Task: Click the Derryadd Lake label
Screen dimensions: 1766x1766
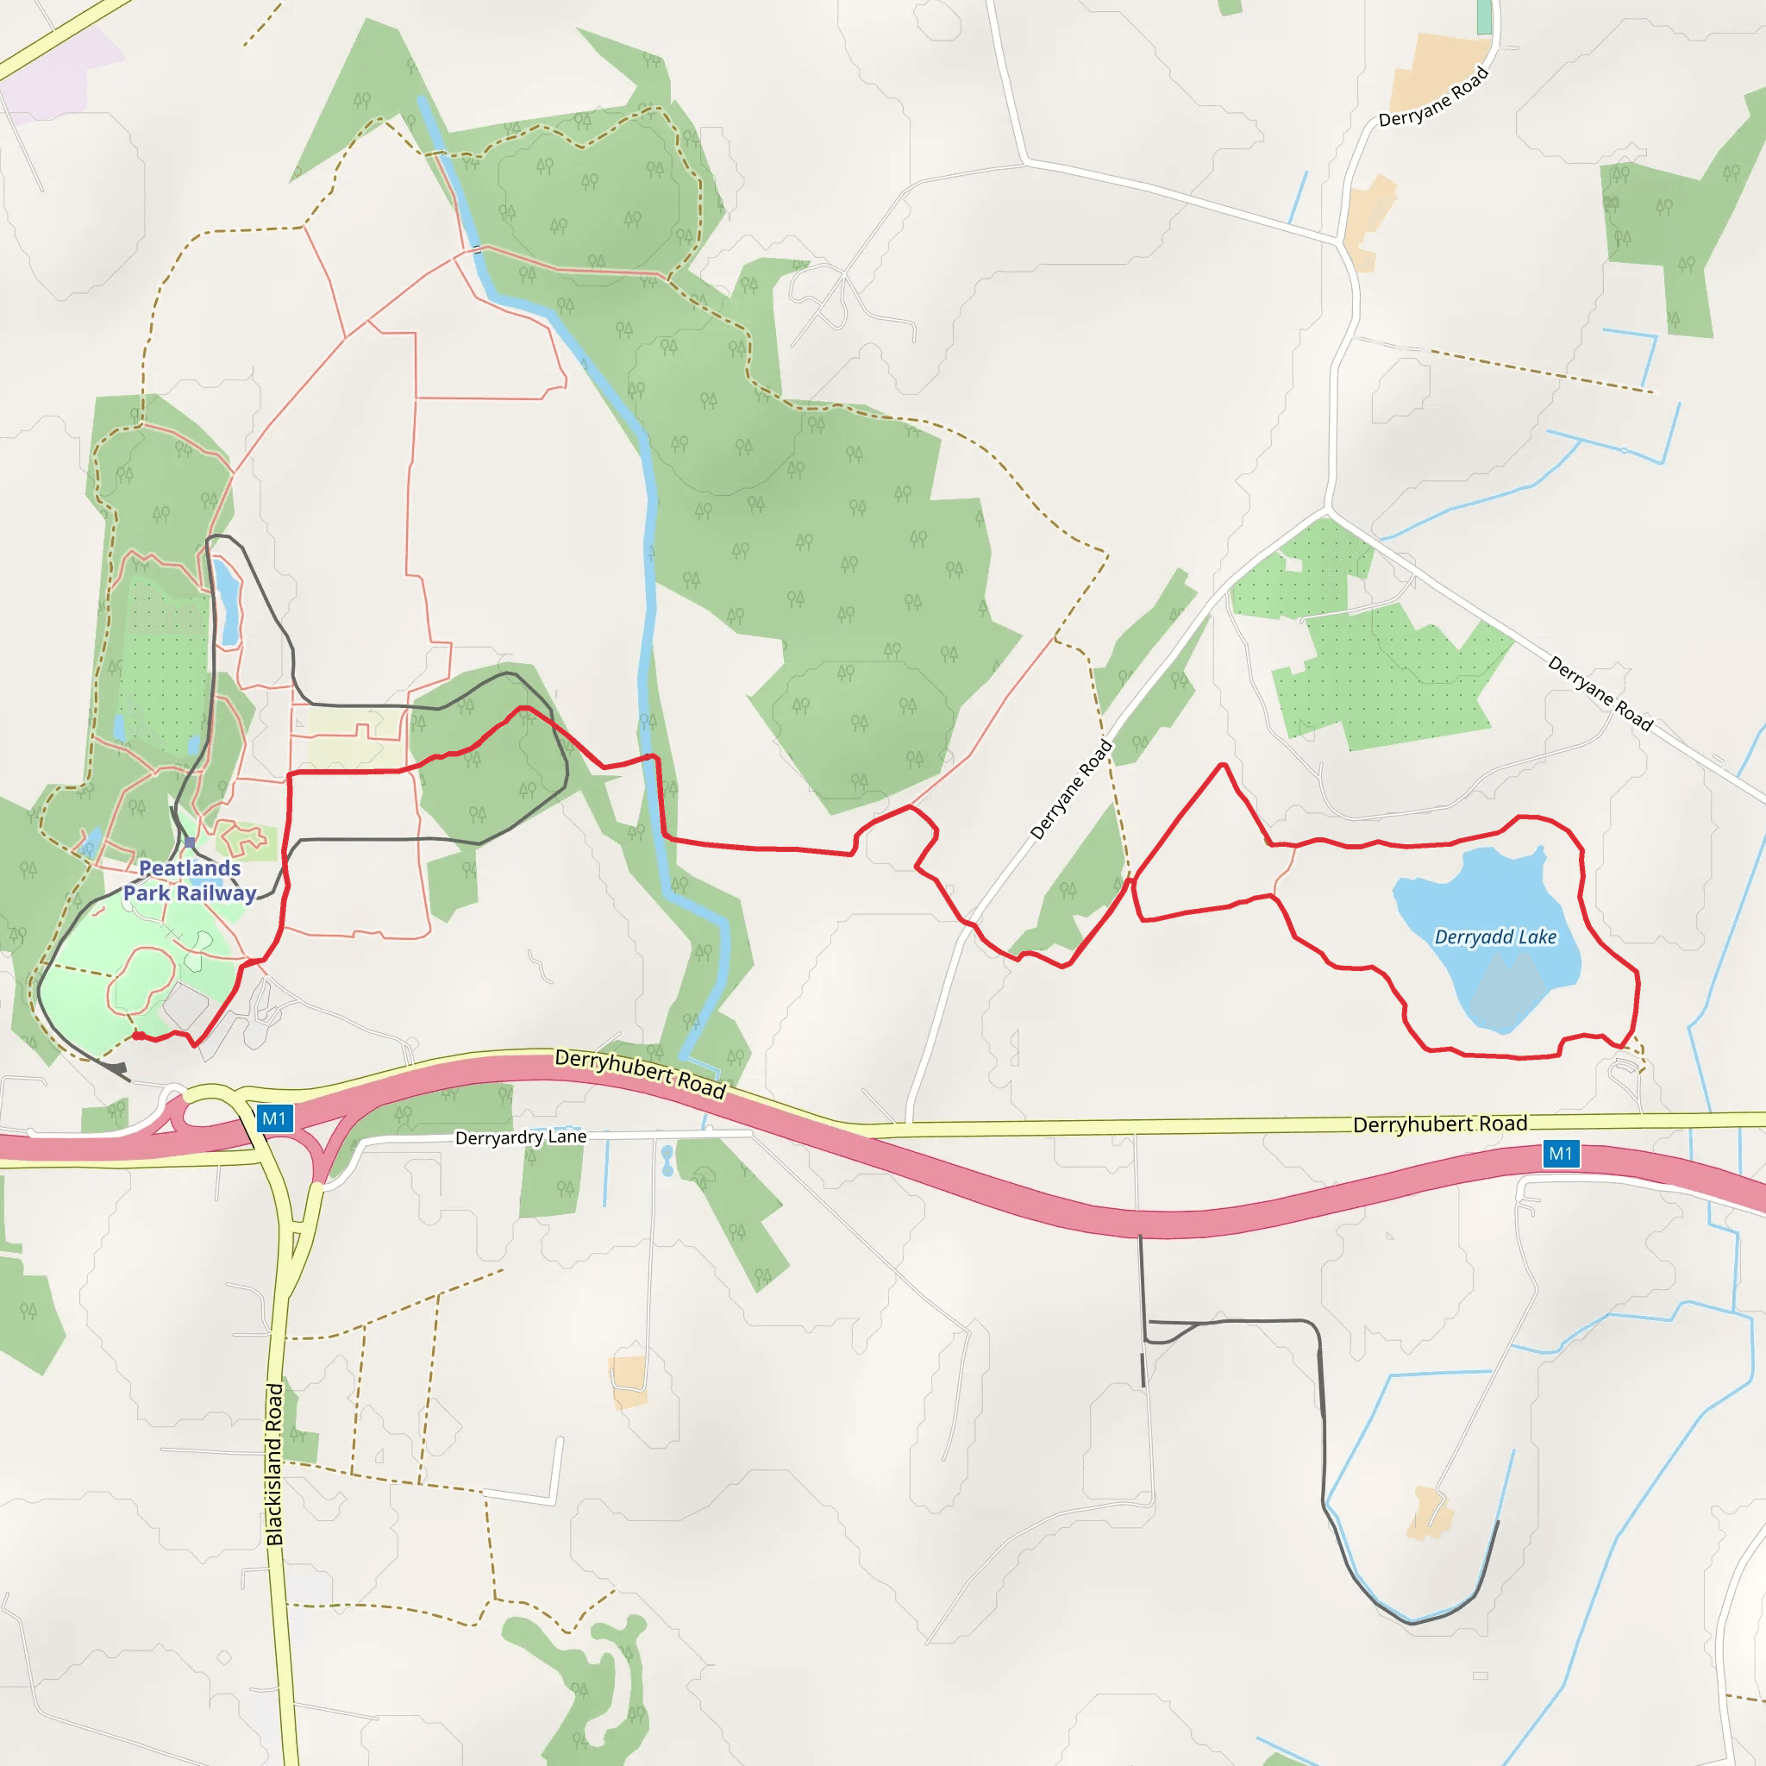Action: tap(1494, 937)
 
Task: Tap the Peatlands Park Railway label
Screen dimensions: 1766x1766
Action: tap(190, 880)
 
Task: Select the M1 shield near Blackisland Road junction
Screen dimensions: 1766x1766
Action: tap(274, 1118)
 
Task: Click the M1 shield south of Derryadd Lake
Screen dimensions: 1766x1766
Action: tap(1560, 1154)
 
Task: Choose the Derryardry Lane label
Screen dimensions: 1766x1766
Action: tap(521, 1137)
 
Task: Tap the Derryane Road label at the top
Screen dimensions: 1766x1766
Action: tap(1433, 97)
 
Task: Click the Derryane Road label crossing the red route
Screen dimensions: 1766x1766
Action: tap(1070, 789)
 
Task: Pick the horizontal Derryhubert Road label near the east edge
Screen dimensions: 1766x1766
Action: tap(1440, 1124)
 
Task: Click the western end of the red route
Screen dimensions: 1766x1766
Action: tap(135, 1035)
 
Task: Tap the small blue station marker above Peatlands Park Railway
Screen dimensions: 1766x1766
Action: tap(189, 842)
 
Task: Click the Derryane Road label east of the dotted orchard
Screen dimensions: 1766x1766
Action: tap(1600, 693)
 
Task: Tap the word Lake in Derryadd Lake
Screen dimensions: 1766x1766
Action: tap(1537, 937)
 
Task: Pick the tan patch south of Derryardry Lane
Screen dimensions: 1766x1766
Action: tap(628, 1381)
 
